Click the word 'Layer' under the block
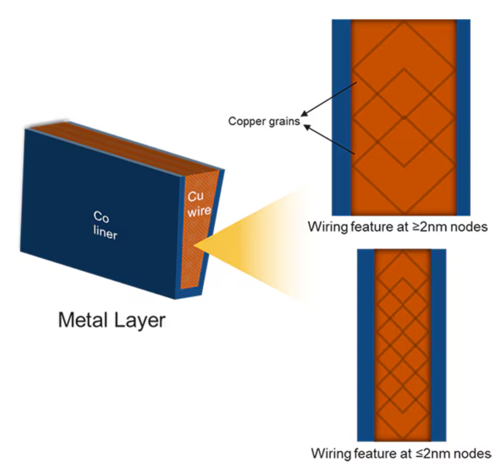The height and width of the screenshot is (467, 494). click(x=141, y=321)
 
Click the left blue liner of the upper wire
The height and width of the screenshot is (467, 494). click(x=341, y=113)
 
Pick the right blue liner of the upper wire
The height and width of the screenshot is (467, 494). click(x=463, y=113)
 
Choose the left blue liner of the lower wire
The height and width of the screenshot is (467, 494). click(x=366, y=344)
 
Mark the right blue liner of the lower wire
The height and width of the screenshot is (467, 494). click(x=438, y=344)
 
